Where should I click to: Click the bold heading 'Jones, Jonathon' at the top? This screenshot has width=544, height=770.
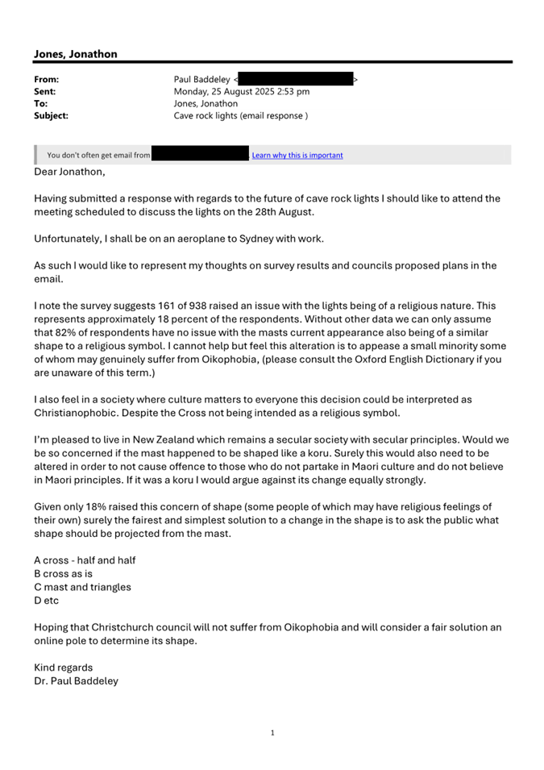[x=76, y=54]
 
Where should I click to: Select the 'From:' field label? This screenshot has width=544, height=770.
[x=47, y=80]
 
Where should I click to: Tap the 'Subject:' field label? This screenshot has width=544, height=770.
[x=51, y=115]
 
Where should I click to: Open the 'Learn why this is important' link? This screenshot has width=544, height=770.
[x=297, y=156]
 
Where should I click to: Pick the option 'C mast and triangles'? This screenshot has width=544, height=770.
[x=82, y=587]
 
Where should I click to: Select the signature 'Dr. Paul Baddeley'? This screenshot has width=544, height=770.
[x=76, y=681]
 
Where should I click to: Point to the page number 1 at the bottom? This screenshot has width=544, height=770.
[x=272, y=733]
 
